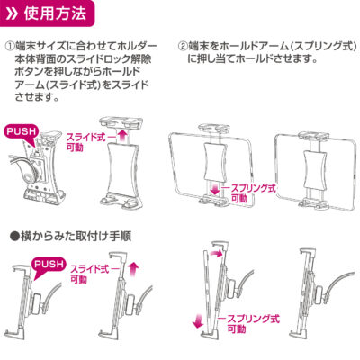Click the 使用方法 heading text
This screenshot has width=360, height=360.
[55, 13]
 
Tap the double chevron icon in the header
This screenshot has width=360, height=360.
[13, 13]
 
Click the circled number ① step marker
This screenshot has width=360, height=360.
[10, 46]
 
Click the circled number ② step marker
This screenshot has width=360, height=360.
[183, 46]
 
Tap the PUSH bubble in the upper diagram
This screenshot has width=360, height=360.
[22, 132]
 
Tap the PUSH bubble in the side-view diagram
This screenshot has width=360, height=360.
[49, 265]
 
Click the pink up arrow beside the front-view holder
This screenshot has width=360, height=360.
[121, 138]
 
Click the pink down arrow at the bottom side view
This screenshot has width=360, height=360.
[198, 320]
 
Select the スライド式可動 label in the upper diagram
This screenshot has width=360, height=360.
[85, 142]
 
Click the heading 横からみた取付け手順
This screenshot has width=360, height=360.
[75, 237]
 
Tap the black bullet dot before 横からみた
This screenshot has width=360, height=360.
[13, 237]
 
